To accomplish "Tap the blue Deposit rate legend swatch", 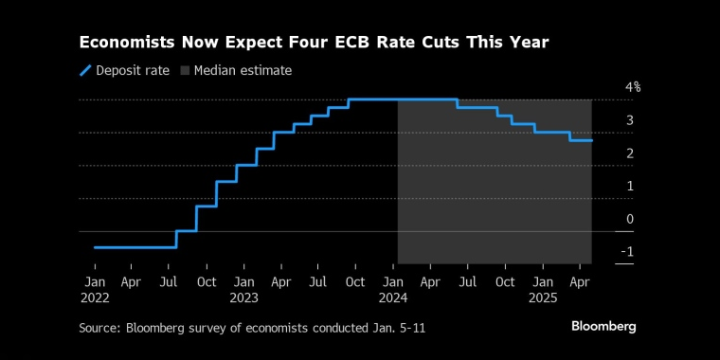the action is pos(85,71).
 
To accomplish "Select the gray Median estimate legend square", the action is pos(185,71).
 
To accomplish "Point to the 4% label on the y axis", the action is pos(633,87).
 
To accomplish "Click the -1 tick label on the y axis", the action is pos(627,252).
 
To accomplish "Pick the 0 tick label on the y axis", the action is pos(630,219).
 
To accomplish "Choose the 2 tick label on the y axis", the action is pos(630,153).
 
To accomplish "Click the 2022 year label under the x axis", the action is pos(95,298).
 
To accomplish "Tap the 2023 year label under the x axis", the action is pos(243,298).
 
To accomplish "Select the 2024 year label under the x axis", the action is pos(393,298).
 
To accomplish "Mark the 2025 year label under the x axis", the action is pos(543,298).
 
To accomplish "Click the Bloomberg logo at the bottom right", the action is pos(603,327).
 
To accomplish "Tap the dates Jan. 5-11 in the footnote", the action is pos(400,329).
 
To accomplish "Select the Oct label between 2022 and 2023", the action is pos(207,282).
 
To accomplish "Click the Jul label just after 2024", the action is pos(467,282).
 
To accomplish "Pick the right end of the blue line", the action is pos(591,140).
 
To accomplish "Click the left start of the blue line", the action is pos(95,247).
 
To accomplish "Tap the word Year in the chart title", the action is pos(530,43).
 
